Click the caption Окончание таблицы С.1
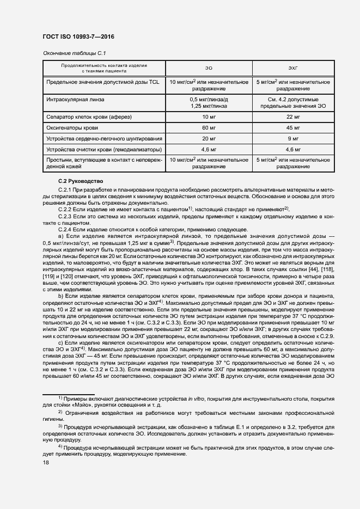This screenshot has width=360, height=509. coord(74,53)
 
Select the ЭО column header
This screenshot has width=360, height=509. coord(209,68)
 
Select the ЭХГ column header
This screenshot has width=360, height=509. coord(292,68)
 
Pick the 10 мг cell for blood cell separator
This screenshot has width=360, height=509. coord(209,117)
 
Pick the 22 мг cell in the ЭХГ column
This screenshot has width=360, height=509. coord(292,117)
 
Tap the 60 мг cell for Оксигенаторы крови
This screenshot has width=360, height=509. coord(209,127)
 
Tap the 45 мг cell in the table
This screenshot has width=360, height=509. coord(292,127)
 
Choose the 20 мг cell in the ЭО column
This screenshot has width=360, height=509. coord(209,138)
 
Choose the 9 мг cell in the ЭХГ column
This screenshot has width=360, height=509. coord(292,138)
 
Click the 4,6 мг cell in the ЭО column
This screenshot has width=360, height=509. coord(209,149)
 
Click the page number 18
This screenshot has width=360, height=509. coord(46,462)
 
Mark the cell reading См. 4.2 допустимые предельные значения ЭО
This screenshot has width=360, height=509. coord(292,103)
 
